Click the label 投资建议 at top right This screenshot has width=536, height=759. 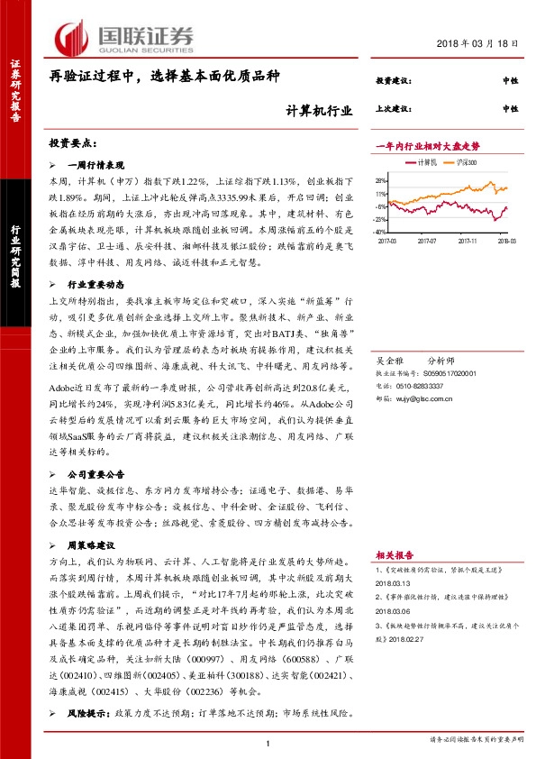pyautogui.click(x=392, y=81)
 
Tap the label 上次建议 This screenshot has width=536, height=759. pyautogui.click(x=392, y=109)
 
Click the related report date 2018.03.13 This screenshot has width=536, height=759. pyautogui.click(x=393, y=581)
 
